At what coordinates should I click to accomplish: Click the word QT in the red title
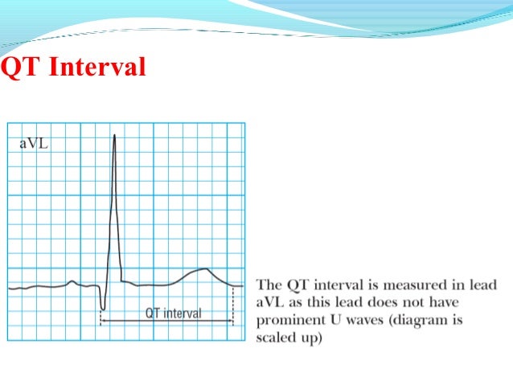[22, 67]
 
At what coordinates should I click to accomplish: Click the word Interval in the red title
[97, 67]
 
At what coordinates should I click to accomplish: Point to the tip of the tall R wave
[114, 135]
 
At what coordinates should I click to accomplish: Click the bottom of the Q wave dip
[102, 308]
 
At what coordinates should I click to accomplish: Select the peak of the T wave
[206, 269]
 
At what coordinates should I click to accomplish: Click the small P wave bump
[72, 281]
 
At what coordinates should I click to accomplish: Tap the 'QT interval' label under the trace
[173, 313]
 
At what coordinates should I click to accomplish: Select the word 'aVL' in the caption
[269, 301]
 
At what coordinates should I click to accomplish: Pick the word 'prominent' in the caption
[288, 319]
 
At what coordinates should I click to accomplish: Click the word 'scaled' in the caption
[273, 337]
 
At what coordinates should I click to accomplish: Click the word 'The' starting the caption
[268, 285]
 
